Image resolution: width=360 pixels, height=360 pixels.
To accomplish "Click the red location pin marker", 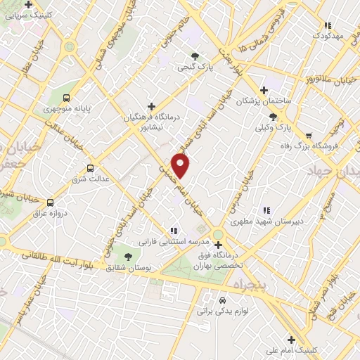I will click(181, 165).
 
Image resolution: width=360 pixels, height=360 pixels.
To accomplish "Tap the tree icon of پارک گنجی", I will click(195, 56).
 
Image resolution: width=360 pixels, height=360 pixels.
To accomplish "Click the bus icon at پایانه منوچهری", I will click(66, 98).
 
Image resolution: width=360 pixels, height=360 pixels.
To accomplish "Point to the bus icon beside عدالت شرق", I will click(90, 167).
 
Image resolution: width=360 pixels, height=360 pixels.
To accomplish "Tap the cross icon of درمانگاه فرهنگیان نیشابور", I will click(151, 105).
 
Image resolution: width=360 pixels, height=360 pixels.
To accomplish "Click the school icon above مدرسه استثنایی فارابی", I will click(174, 230).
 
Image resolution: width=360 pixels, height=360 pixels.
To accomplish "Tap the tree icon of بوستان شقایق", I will click(128, 256).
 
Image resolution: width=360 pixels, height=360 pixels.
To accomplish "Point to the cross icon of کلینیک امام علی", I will click(290, 340).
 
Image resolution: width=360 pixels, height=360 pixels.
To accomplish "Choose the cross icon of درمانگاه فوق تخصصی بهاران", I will click(218, 245).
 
